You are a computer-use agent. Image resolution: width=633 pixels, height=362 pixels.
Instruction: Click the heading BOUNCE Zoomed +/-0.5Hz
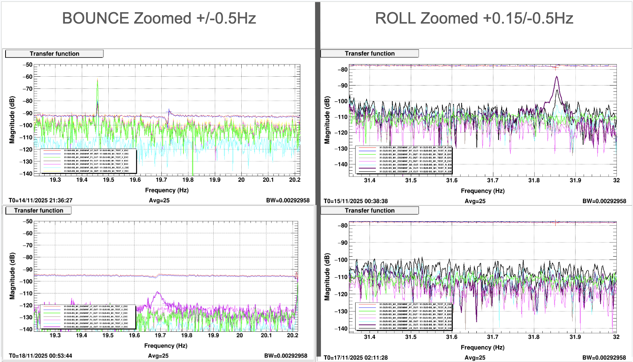click(x=159, y=18)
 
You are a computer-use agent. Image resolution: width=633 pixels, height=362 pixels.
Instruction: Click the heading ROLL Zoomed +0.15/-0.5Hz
click(x=474, y=18)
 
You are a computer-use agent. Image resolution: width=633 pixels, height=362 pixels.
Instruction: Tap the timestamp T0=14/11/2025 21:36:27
click(x=41, y=201)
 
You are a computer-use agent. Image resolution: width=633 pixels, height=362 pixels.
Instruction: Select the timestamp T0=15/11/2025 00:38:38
click(x=356, y=201)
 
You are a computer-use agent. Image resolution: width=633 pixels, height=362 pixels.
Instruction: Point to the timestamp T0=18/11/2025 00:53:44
click(x=41, y=356)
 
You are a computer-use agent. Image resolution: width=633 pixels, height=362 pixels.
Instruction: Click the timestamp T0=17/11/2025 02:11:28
click(x=356, y=358)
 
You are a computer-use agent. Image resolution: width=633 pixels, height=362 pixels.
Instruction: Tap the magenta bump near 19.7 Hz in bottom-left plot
click(x=158, y=293)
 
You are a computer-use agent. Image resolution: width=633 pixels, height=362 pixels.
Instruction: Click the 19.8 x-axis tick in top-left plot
click(x=188, y=180)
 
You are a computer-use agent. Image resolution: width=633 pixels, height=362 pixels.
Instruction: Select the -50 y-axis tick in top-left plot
click(x=28, y=65)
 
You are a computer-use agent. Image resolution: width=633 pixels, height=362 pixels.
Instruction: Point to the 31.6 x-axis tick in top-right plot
click(x=452, y=180)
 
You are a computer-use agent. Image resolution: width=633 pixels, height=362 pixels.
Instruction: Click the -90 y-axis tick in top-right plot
click(x=343, y=86)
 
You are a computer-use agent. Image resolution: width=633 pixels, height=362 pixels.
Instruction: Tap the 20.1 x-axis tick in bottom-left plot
click(x=266, y=335)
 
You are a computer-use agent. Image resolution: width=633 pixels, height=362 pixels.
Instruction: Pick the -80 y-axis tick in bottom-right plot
click(x=343, y=226)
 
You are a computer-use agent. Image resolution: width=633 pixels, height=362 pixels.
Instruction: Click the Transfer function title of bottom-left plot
click(x=39, y=210)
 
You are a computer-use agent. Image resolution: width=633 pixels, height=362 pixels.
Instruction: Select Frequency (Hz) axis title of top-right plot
click(x=483, y=191)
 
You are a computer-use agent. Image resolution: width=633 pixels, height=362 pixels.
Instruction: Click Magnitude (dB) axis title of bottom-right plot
click(x=327, y=277)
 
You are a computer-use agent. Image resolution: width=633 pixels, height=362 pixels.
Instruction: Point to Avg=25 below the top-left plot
click(x=159, y=201)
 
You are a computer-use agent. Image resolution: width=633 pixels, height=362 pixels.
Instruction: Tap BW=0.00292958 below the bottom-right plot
click(x=604, y=358)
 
